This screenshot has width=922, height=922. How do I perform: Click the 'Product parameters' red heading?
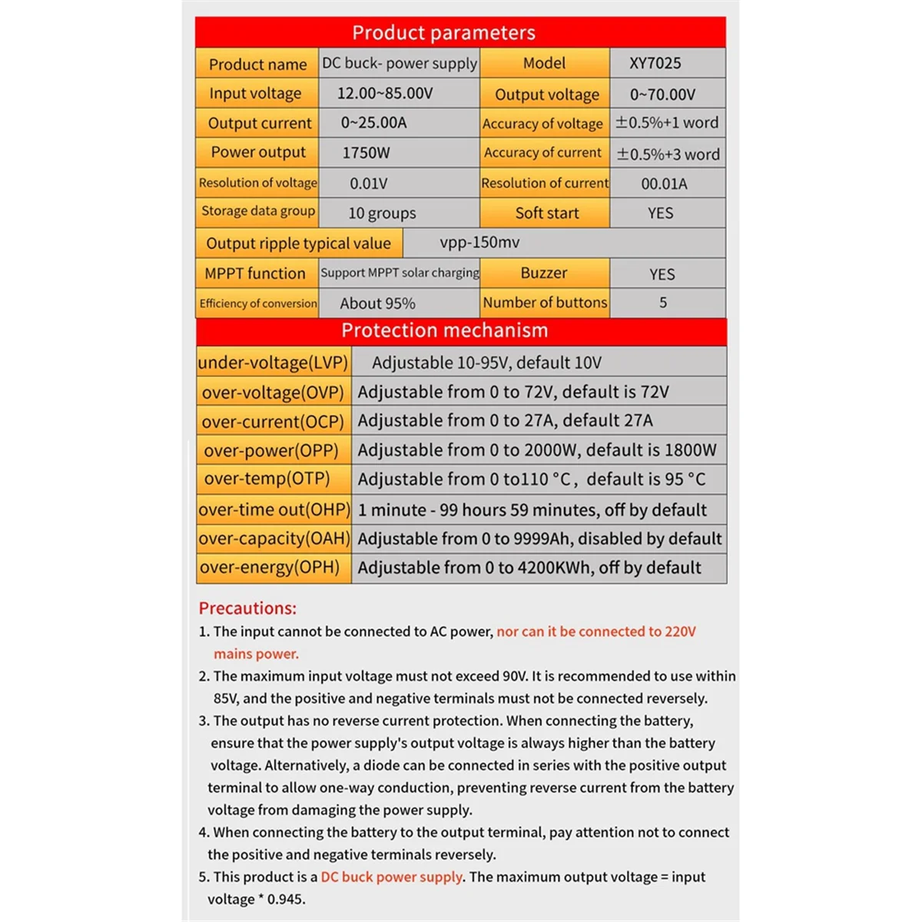click(443, 32)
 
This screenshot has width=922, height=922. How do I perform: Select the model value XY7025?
click(655, 63)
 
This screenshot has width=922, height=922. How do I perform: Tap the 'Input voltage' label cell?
click(256, 94)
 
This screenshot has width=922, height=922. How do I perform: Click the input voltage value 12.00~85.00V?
click(385, 94)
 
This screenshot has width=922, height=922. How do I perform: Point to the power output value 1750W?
click(366, 153)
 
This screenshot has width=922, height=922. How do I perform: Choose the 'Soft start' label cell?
click(546, 213)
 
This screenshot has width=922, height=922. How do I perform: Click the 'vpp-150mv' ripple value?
click(479, 243)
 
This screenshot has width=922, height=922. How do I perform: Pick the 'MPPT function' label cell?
click(255, 274)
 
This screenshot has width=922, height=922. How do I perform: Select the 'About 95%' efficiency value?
click(377, 303)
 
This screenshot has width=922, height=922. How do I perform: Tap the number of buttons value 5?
click(663, 303)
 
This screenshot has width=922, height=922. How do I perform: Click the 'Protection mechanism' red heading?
click(445, 330)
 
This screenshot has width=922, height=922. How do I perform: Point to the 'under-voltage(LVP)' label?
click(273, 363)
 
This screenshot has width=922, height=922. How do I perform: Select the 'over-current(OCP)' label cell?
click(273, 422)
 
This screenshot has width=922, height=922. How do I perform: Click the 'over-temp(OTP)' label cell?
click(267, 479)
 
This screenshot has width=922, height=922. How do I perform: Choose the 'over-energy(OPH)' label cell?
click(270, 567)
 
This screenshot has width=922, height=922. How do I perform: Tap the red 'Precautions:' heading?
click(247, 609)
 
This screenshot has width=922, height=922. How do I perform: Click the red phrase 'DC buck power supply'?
click(392, 877)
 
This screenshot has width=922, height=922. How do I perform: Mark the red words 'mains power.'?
click(256, 654)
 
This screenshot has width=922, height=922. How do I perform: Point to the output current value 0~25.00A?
click(373, 123)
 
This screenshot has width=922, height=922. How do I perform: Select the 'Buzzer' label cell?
click(544, 273)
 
